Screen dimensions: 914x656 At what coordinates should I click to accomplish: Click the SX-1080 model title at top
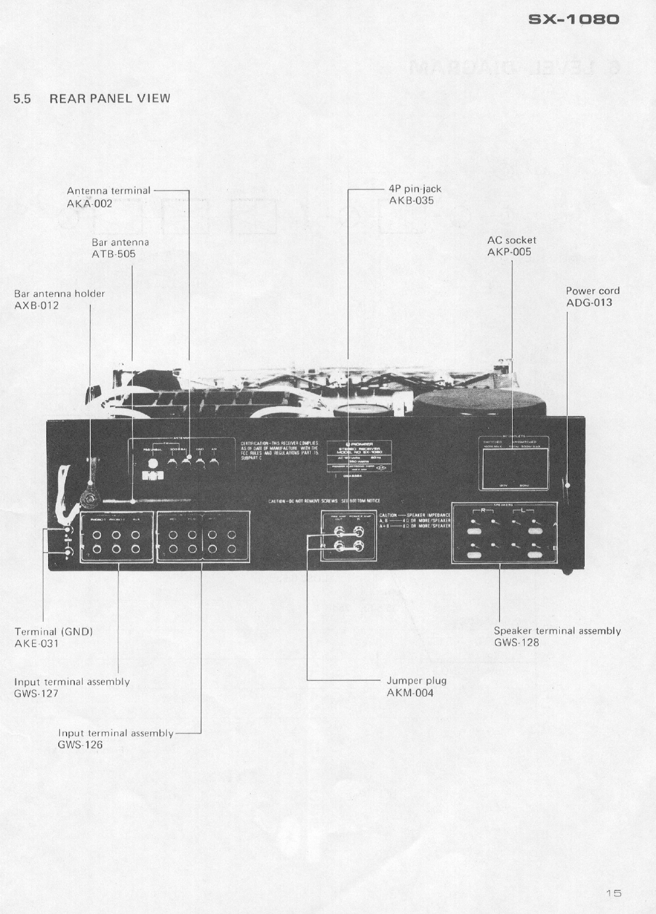point(573,19)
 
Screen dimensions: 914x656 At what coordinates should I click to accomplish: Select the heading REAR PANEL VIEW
point(109,99)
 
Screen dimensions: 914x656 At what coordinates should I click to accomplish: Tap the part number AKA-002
point(89,204)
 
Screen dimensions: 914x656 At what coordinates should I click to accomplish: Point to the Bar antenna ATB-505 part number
point(113,254)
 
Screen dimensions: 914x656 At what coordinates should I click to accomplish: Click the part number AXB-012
point(36,306)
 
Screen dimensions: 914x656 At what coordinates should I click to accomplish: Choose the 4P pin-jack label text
point(415,189)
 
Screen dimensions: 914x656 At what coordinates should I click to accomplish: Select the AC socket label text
point(511,241)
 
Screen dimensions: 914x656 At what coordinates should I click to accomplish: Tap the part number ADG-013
point(589,303)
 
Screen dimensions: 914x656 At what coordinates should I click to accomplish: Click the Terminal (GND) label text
point(53,632)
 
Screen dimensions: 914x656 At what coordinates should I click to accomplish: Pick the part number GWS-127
point(36,694)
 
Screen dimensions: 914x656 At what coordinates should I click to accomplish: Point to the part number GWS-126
point(80,745)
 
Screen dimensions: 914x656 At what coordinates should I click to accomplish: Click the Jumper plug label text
point(416,681)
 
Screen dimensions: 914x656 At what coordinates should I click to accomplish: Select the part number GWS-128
point(516,643)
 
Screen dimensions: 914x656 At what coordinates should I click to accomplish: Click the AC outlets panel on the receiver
point(515,463)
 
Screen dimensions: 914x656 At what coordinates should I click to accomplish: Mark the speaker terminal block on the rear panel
point(504,533)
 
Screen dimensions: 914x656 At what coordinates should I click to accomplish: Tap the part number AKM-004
point(410,693)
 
